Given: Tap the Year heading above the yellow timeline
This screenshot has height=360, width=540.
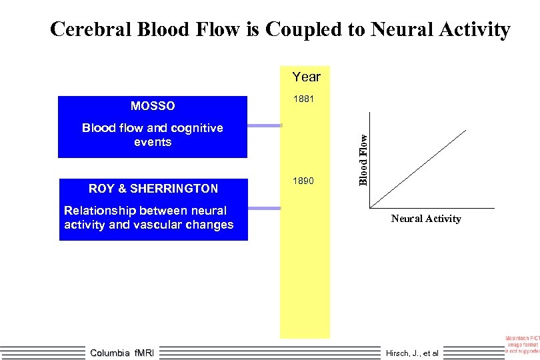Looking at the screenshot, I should (306, 77).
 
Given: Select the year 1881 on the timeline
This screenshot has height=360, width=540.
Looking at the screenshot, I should (303, 100).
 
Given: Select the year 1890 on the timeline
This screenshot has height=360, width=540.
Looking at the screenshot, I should (303, 181).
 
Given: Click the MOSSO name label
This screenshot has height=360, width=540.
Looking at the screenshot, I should (153, 106).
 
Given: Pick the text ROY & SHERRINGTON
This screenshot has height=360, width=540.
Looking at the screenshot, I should (153, 189).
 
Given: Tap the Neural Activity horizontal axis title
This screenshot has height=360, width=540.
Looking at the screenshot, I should (425, 219).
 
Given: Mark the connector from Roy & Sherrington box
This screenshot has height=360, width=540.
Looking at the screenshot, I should (266, 209).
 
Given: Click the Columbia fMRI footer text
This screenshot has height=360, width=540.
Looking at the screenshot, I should (121, 353).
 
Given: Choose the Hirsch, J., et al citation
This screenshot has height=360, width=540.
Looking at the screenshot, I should (412, 353).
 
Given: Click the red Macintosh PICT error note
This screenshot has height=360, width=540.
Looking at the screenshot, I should (523, 345).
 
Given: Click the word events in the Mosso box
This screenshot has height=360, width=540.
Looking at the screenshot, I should (153, 142).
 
